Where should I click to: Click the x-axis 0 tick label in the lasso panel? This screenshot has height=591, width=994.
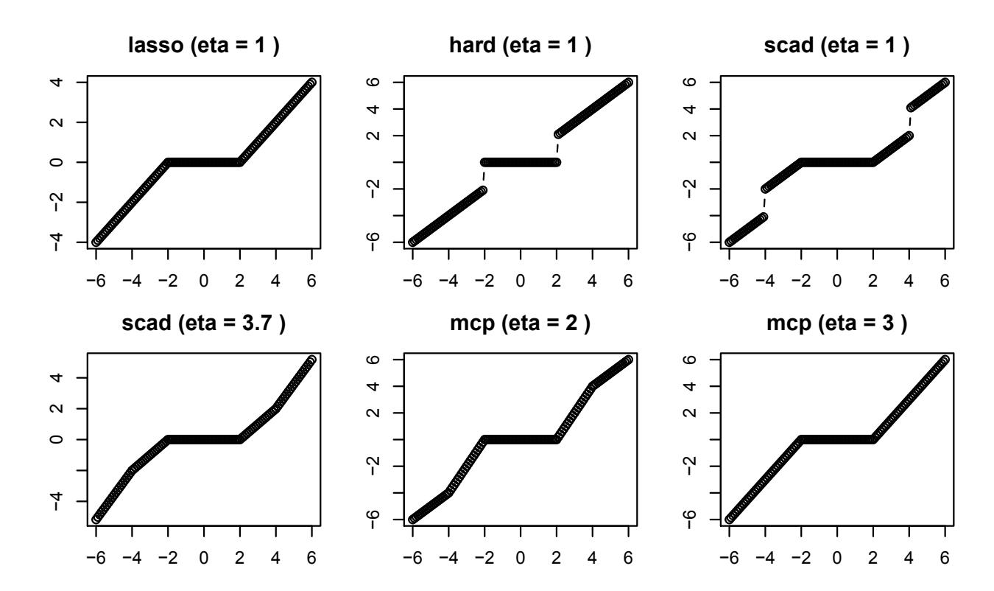point(204,282)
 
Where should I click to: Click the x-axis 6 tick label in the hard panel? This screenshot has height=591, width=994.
point(628,282)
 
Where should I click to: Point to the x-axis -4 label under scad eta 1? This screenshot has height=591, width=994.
point(761,282)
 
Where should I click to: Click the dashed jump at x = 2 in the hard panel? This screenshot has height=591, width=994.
point(557,147)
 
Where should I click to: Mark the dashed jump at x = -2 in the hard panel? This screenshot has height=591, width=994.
point(484,176)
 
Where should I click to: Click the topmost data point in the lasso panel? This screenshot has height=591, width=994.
point(312,83)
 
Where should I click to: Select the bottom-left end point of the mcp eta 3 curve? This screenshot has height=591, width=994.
point(729,520)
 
